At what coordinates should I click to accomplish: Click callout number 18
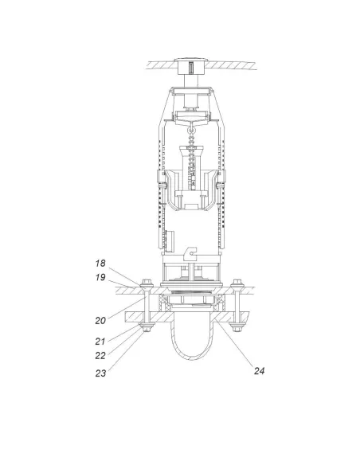(100, 263)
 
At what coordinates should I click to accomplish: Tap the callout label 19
(100, 277)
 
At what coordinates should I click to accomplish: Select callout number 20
(100, 321)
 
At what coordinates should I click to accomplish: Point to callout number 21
(100, 342)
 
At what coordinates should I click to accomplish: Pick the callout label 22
(100, 356)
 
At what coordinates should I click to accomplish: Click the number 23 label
(100, 373)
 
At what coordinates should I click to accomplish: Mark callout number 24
(259, 371)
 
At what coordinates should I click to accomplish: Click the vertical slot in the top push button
(191, 67)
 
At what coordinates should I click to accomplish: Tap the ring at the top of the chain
(191, 130)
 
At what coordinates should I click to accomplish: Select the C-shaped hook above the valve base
(190, 253)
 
